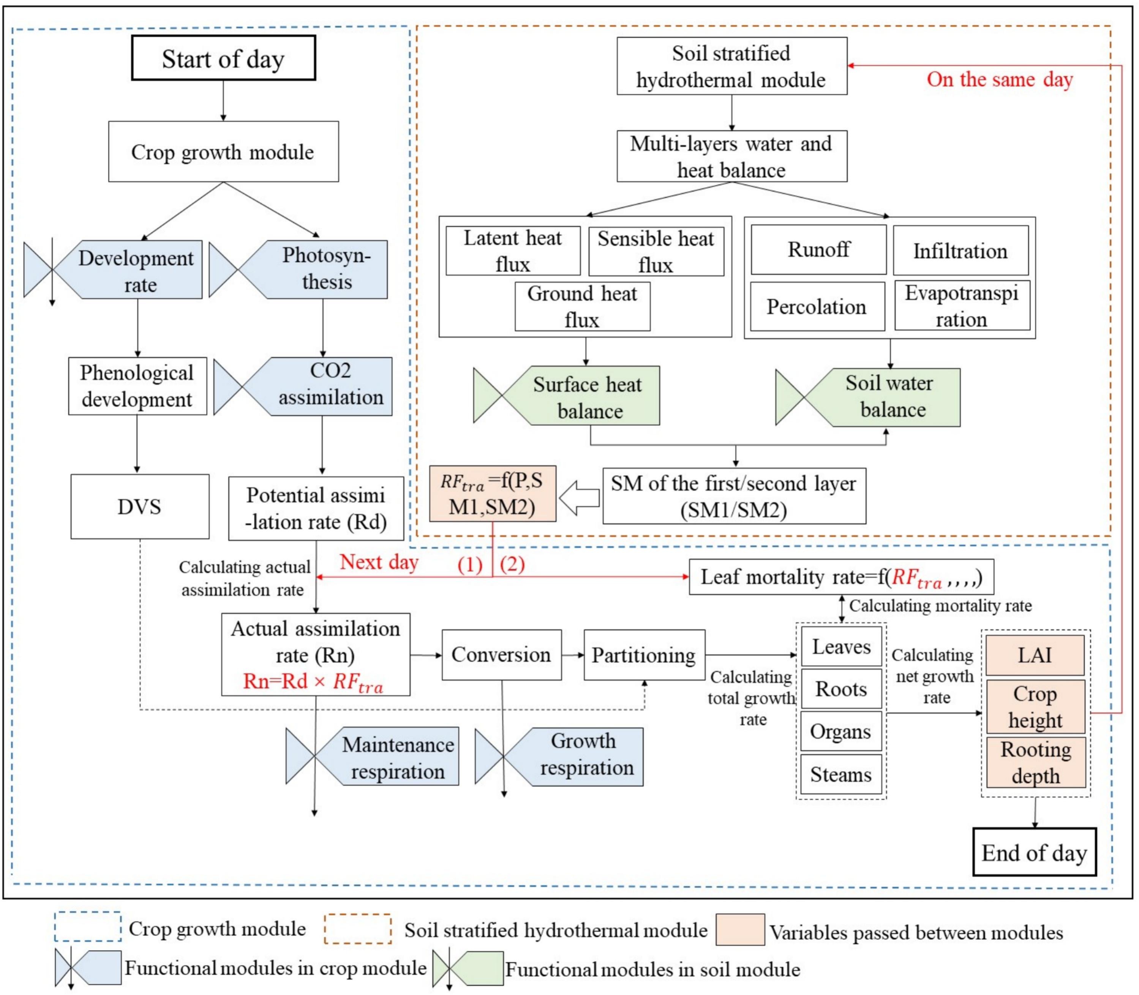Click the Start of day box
(x=223, y=58)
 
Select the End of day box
(x=1034, y=852)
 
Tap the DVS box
(x=139, y=506)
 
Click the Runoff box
(x=818, y=249)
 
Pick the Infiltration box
(x=960, y=251)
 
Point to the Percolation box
(x=817, y=306)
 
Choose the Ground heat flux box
(x=582, y=306)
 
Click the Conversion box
(x=501, y=654)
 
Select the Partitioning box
(x=644, y=654)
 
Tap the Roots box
(x=841, y=689)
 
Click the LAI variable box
(x=1035, y=655)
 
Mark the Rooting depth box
(x=1036, y=762)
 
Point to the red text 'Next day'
(x=379, y=562)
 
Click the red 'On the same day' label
(x=1000, y=79)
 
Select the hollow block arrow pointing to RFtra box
(x=579, y=498)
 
